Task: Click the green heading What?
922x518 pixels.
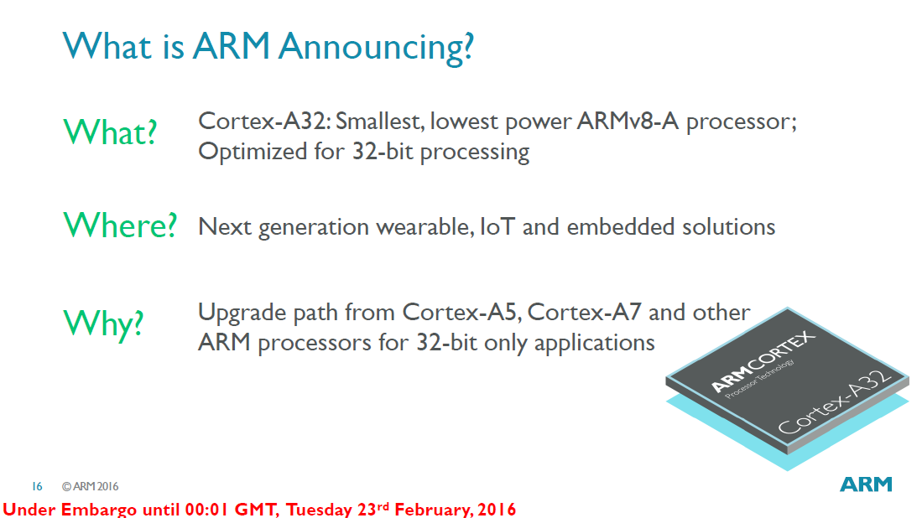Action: pyautogui.click(x=110, y=132)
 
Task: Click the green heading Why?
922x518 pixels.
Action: pyautogui.click(x=103, y=322)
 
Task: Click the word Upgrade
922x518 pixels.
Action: pyautogui.click(x=243, y=313)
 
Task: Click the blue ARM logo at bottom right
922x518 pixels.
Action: pyautogui.click(x=866, y=485)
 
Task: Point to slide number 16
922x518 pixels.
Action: pyautogui.click(x=37, y=486)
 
